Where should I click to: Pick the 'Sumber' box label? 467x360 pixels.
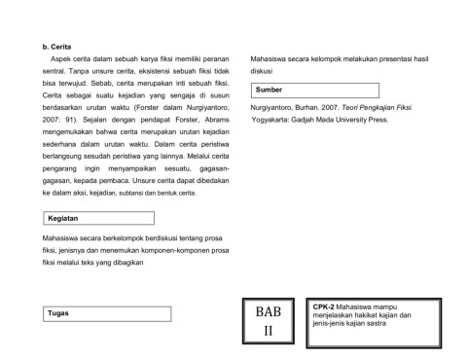pyautogui.click(x=269, y=90)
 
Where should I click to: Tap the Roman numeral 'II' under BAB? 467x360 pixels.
pyautogui.click(x=268, y=332)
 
